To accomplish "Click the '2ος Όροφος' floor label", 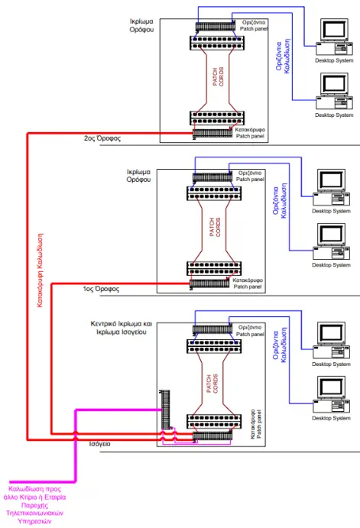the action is click(x=102, y=138).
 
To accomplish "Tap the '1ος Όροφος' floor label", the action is click(x=101, y=289).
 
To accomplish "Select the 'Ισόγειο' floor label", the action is click(x=99, y=444).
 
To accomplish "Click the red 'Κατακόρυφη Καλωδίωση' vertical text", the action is click(x=40, y=270).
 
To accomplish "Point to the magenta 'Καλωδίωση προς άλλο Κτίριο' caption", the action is click(x=34, y=505).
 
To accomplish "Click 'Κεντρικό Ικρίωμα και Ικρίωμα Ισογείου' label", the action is click(x=122, y=328).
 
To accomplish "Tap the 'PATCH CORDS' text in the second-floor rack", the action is click(x=219, y=76).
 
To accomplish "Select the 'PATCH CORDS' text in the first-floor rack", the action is click(x=215, y=227).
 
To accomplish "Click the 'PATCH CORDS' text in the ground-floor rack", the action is click(x=212, y=384).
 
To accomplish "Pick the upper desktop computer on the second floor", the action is click(x=334, y=37).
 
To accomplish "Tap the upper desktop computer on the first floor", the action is click(x=331, y=187).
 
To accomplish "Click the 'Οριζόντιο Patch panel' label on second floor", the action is click(x=254, y=25).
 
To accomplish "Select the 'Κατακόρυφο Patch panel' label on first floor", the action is click(x=248, y=283).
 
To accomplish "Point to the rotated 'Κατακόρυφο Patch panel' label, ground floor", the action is click(x=256, y=424).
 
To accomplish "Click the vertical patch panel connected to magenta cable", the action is click(x=164, y=410).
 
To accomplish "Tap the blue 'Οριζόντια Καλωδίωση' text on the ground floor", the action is click(x=280, y=345).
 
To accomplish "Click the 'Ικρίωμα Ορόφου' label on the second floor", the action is click(x=141, y=25).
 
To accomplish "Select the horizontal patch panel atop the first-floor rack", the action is click(x=212, y=177).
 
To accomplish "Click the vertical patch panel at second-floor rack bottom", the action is click(x=212, y=133).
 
